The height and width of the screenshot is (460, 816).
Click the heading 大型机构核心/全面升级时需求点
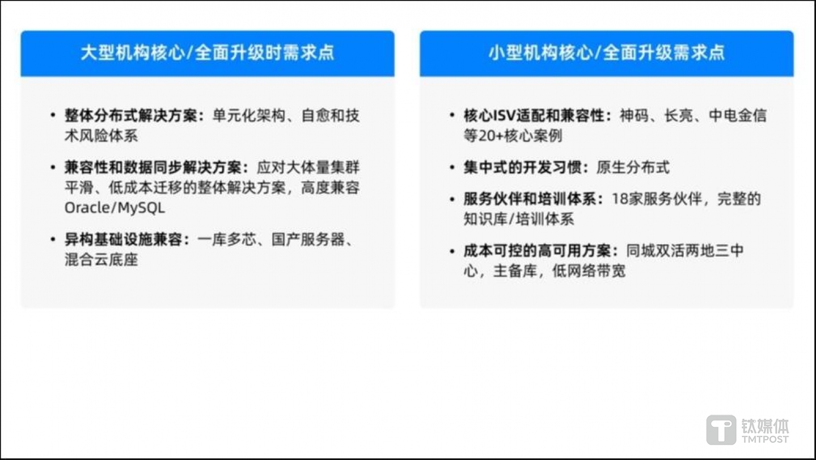pos(207,53)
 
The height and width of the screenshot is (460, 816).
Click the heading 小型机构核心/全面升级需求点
pos(606,53)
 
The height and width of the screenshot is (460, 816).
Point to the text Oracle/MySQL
pos(115,208)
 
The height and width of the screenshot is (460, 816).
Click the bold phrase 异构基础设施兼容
pos(124,240)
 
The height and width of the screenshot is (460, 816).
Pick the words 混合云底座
pos(101,260)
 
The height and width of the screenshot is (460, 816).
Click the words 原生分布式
pos(633,168)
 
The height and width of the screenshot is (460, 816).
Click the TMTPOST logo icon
pos(721,429)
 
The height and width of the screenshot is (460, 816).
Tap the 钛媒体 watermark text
pos(765,425)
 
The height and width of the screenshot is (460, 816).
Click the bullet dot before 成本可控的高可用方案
pos(452,251)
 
